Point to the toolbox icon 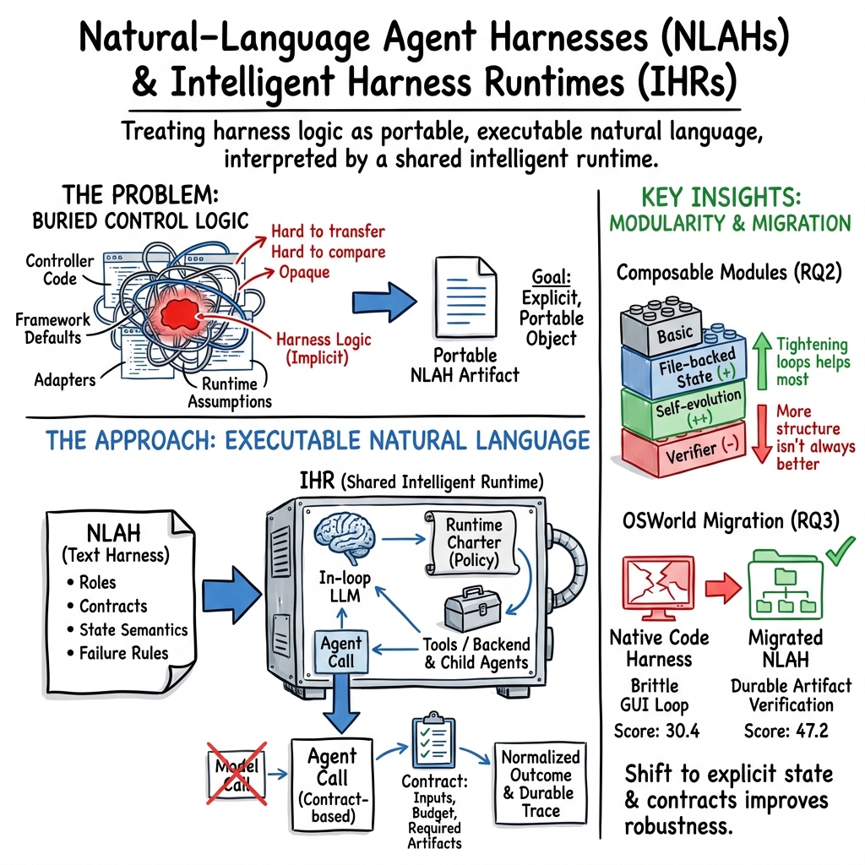coord(468,606)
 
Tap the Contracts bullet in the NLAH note coord(112,606)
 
